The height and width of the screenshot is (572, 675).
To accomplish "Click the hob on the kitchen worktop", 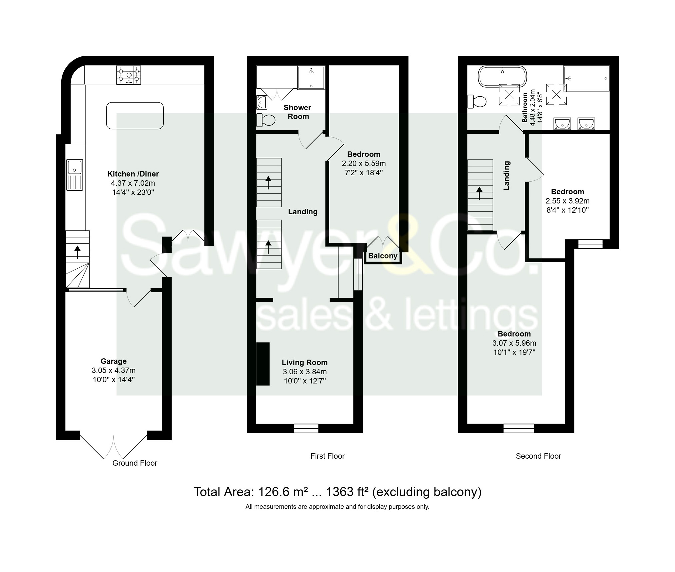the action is click(129, 75).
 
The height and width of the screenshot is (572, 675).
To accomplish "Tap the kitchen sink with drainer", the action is click(75, 175).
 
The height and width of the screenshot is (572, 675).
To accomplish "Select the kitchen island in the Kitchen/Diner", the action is click(135, 116).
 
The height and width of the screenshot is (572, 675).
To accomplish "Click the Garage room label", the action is click(114, 361).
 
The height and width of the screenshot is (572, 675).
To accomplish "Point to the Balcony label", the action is click(383, 256).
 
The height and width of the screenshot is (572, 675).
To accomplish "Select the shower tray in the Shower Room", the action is click(311, 78).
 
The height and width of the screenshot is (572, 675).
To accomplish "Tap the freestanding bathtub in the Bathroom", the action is click(503, 77).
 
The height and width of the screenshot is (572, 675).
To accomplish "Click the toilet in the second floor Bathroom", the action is click(477, 102).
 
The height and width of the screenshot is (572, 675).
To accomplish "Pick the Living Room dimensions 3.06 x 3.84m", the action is click(305, 371).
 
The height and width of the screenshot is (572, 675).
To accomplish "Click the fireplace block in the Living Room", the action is click(263, 364).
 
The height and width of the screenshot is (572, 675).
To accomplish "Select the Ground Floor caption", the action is click(135, 463).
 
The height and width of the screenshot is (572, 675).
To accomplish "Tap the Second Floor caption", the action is click(538, 456).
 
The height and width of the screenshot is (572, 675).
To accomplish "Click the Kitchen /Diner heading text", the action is click(133, 174).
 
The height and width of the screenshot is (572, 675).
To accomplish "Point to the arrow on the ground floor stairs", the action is click(78, 252).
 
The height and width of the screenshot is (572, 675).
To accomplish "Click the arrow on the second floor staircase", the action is click(480, 193).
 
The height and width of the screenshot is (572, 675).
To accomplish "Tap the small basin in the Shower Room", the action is click(262, 102).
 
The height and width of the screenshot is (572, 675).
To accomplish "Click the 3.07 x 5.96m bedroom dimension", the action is click(514, 343).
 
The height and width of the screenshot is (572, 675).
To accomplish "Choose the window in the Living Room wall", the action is click(306, 428).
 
